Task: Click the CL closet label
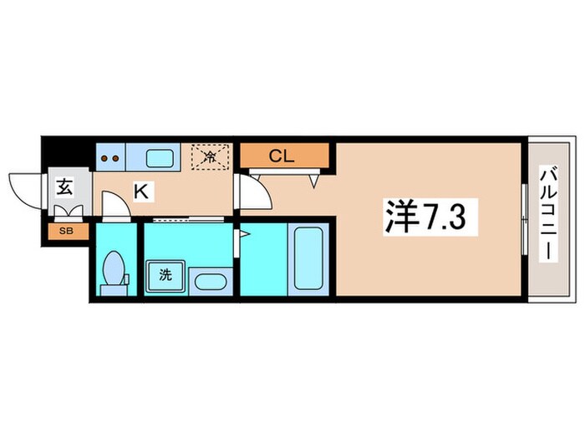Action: [280, 155]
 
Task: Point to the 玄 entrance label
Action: [64, 186]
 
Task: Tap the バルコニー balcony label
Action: [547, 214]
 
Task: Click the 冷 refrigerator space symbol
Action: [211, 156]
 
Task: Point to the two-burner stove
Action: [110, 156]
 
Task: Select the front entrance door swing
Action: [25, 186]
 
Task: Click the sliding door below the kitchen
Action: [189, 219]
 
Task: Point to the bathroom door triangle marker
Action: [245, 235]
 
